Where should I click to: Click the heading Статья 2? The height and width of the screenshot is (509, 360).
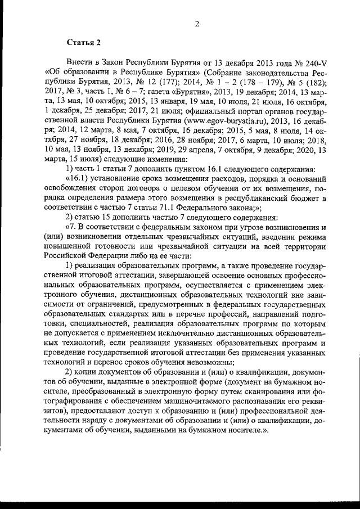pos(84,43)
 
